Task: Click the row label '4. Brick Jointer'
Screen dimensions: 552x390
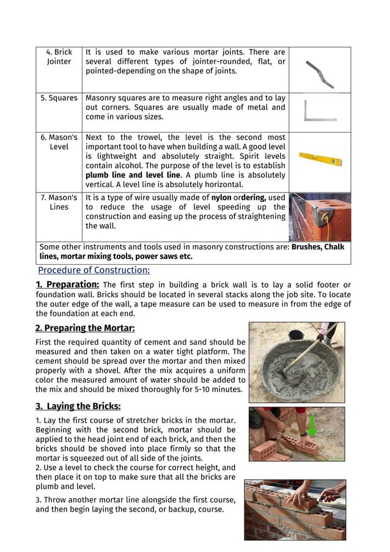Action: pyautogui.click(x=59, y=57)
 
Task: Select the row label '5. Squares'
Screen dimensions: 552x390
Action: pyautogui.click(x=59, y=98)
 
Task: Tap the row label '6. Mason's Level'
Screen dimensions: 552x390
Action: pyautogui.click(x=59, y=142)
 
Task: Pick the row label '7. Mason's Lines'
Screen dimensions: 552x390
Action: pyautogui.click(x=59, y=202)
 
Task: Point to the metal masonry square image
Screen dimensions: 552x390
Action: pyautogui.click(x=320, y=111)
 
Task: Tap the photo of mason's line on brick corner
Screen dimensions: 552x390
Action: pyautogui.click(x=320, y=217)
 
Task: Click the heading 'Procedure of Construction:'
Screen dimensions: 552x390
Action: pyautogui.click(x=94, y=270)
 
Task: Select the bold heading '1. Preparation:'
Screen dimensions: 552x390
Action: pyautogui.click(x=67, y=285)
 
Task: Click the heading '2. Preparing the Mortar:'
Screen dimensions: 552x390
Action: pyautogui.click(x=85, y=328)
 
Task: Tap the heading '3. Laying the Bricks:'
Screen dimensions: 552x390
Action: pyautogui.click(x=78, y=406)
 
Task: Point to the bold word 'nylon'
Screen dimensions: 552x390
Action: pyautogui.click(x=221, y=197)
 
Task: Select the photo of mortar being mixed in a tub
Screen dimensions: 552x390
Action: pyautogui.click(x=296, y=362)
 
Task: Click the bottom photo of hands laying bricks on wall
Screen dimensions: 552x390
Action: pyautogui.click(x=295, y=510)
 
